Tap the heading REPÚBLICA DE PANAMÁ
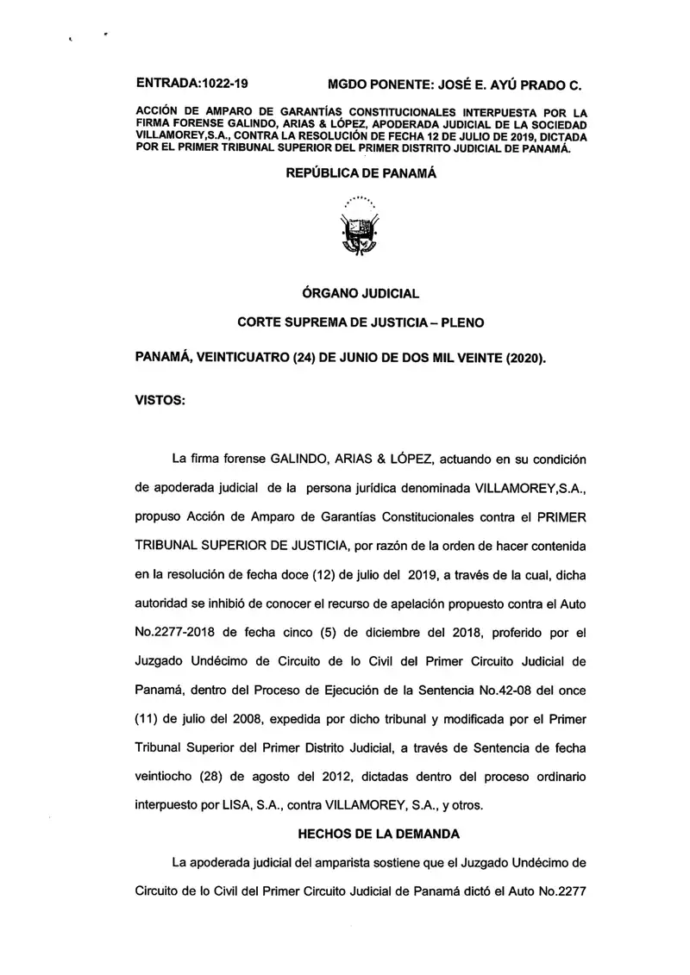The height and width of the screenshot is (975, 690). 361,173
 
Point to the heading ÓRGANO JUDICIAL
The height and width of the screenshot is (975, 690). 361,293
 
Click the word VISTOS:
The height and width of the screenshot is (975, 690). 160,401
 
